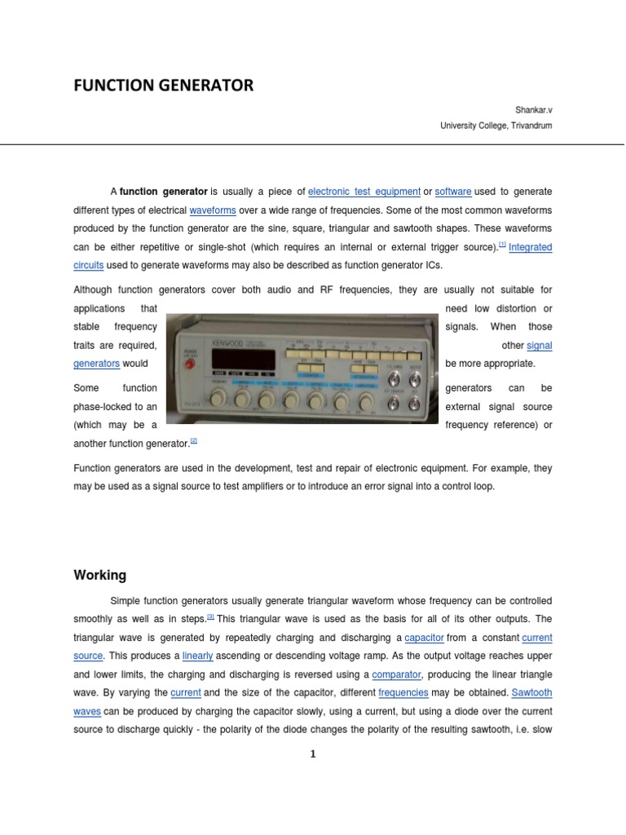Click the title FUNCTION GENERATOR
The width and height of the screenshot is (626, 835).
coord(163,86)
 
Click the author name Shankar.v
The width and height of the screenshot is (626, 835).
coord(533,108)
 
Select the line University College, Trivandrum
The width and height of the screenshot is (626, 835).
coord(496,126)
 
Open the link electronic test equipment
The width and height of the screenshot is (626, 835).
coord(364,192)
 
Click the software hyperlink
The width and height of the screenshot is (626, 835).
coord(453,192)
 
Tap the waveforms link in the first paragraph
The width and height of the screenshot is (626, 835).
coord(212,210)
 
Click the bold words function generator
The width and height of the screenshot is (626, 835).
coord(164,192)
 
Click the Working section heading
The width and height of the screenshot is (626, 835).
coord(100,575)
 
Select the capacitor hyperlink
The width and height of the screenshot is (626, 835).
coord(424,638)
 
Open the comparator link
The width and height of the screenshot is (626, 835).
coord(397,674)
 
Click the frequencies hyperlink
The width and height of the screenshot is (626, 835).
coord(403,692)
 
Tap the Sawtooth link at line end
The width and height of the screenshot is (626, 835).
coord(531,692)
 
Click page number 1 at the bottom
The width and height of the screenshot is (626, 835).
coord(312,754)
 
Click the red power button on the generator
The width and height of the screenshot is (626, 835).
coord(191,361)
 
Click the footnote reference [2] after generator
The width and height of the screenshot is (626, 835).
coord(194,441)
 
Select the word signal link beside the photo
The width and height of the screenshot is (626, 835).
coord(540,346)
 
